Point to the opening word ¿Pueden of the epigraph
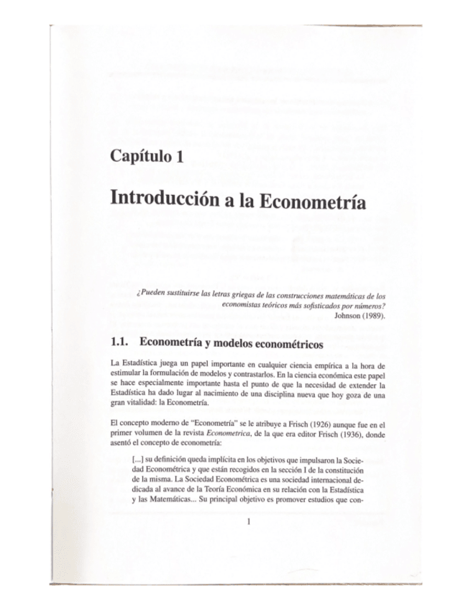click(x=150, y=296)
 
